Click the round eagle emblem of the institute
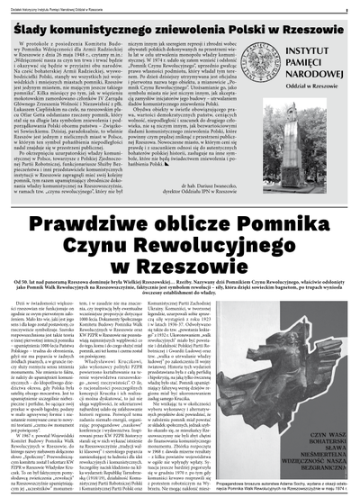coord(268,66)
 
